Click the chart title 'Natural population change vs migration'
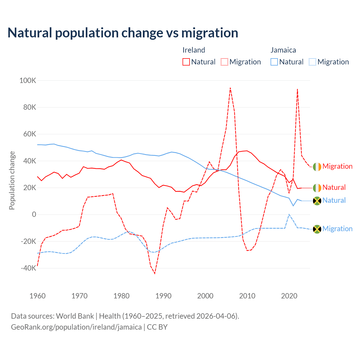tap(123, 33)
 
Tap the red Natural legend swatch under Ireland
tap(186, 62)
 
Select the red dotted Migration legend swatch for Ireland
tap(224, 62)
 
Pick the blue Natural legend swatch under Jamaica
tap(274, 62)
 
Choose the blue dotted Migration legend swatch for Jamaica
tap(312, 62)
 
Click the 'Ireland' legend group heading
tap(194, 50)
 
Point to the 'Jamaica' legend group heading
tap(283, 50)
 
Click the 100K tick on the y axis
tap(28, 81)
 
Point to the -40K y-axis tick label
tap(28, 268)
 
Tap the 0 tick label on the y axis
tap(34, 215)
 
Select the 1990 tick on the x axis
tap(163, 296)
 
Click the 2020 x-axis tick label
tap(289, 296)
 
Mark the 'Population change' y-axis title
tap(12, 180)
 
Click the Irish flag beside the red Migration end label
tap(317, 167)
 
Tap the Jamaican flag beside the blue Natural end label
tap(317, 201)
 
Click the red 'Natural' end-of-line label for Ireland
tap(334, 188)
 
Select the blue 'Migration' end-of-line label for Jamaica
tap(337, 229)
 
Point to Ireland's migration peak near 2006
tap(230, 88)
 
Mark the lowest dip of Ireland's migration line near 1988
tap(155, 273)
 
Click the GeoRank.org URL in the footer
tap(76, 327)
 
